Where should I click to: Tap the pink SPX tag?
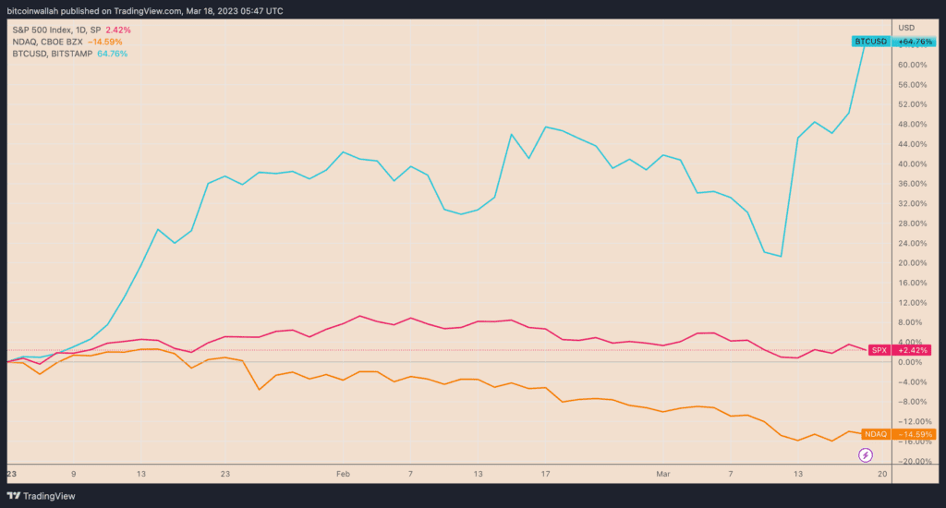(x=878, y=350)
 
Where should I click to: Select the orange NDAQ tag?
(x=875, y=433)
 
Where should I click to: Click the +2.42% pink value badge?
(x=913, y=350)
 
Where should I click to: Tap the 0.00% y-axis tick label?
(x=910, y=362)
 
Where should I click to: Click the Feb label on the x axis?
(x=344, y=473)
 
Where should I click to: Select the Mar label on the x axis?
(x=662, y=473)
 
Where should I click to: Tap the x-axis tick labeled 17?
(x=546, y=473)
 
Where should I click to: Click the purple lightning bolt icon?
(x=866, y=454)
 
